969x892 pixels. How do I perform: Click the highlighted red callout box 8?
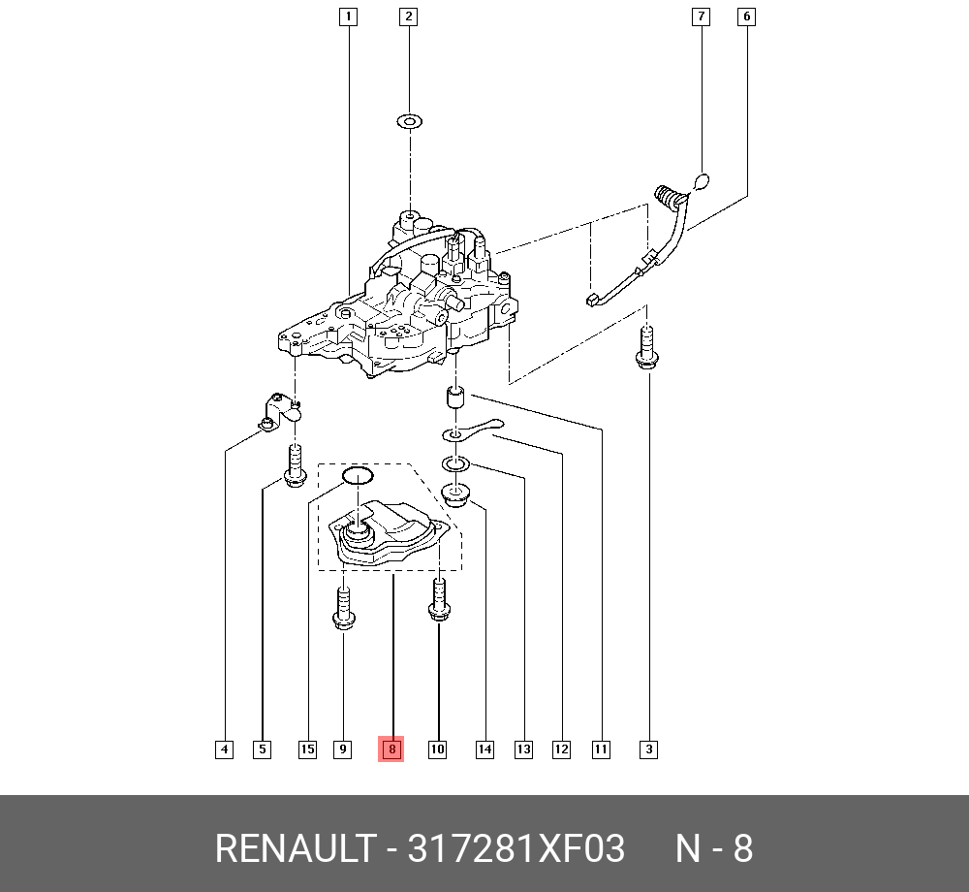[391, 749]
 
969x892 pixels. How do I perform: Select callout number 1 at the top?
[348, 16]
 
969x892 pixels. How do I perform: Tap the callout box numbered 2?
[409, 16]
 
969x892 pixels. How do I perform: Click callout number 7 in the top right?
[700, 16]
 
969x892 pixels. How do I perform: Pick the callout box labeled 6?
[746, 16]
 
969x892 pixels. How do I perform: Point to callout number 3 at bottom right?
[649, 749]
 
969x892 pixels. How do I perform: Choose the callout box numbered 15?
[307, 749]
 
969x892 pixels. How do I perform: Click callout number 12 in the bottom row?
[561, 749]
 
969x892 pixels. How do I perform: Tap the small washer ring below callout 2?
[409, 122]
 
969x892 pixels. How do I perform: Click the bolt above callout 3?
[646, 349]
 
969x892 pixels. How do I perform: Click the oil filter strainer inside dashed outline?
[388, 539]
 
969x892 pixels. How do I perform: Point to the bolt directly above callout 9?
[343, 607]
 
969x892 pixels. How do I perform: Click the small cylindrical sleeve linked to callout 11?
[455, 398]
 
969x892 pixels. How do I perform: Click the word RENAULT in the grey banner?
[293, 849]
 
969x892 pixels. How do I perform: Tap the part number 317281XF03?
[516, 849]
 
